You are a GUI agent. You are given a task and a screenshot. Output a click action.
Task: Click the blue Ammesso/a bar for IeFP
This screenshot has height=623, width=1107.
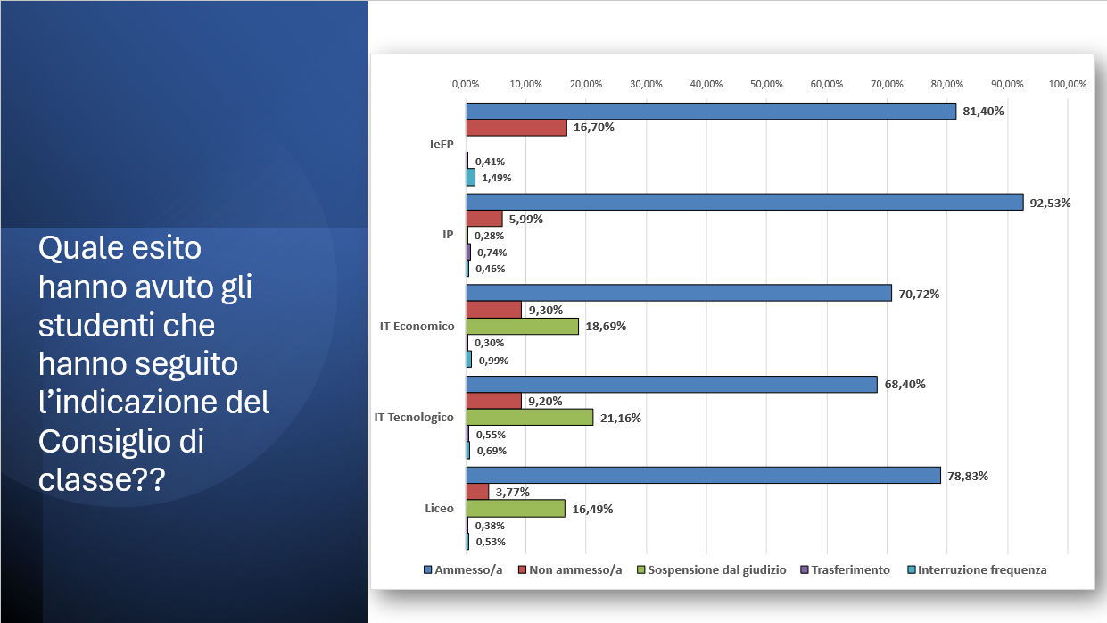[x=710, y=112]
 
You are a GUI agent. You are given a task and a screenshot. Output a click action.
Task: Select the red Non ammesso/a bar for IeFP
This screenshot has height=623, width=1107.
[x=516, y=128]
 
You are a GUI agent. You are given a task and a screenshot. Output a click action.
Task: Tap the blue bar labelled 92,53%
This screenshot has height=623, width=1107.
[x=744, y=203]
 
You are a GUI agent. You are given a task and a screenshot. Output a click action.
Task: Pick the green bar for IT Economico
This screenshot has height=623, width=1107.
[x=522, y=326]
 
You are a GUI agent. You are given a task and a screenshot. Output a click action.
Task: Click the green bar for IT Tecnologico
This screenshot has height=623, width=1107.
[x=529, y=418]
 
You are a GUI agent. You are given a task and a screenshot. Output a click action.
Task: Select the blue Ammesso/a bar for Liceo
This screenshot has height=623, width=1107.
[x=703, y=476]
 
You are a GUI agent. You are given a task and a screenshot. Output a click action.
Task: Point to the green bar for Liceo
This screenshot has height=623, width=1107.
[x=516, y=509]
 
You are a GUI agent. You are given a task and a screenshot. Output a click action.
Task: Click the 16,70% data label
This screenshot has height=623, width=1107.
[x=594, y=128]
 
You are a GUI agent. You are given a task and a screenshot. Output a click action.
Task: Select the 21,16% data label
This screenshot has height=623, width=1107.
[x=620, y=418]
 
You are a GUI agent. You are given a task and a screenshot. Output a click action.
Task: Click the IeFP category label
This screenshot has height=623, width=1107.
[x=442, y=144]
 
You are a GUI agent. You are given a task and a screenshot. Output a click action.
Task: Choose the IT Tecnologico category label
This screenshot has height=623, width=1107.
[x=414, y=417]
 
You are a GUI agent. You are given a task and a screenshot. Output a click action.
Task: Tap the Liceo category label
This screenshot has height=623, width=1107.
[x=440, y=508]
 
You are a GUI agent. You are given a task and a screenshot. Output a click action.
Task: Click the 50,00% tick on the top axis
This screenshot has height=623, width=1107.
[x=766, y=84]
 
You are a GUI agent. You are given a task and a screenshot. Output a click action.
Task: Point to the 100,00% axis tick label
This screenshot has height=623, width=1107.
[x=1067, y=84]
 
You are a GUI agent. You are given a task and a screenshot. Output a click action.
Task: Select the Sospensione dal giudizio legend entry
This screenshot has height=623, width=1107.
[x=717, y=569]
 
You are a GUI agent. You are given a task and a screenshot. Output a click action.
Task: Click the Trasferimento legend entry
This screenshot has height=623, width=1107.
[x=850, y=569]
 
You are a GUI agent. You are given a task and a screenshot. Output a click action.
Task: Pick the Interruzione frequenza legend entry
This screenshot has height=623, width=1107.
[x=982, y=569]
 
